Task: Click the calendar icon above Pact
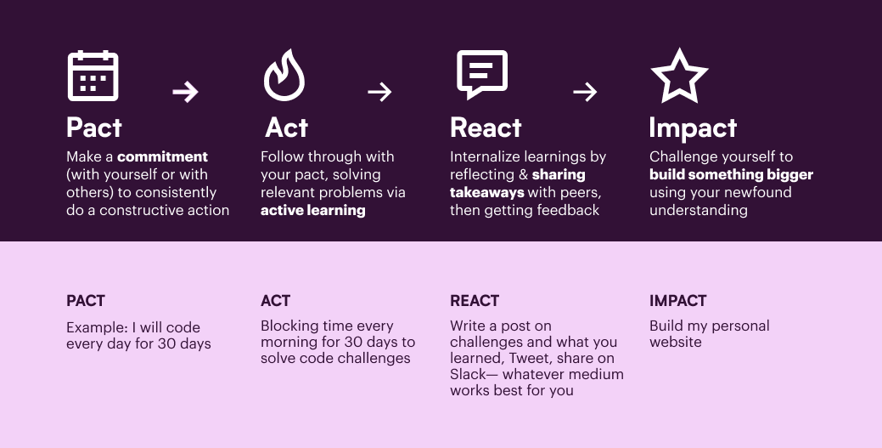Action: pos(93,76)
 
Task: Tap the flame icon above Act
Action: pos(284,76)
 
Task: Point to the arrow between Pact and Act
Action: pos(186,91)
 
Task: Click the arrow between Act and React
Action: pos(379,91)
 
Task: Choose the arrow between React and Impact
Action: pos(585,91)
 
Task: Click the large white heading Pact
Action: pos(94,128)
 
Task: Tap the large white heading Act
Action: pos(286,128)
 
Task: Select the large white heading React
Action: pos(486,128)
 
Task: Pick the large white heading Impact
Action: pos(693,128)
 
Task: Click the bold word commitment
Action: pos(162,156)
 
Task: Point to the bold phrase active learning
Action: pos(312,211)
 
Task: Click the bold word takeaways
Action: pos(487,193)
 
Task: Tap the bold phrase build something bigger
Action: pos(731,174)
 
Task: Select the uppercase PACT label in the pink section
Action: pos(86,301)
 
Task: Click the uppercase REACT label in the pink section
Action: pos(475,301)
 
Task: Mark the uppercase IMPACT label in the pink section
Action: pos(677,301)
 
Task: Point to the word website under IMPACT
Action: pos(676,342)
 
